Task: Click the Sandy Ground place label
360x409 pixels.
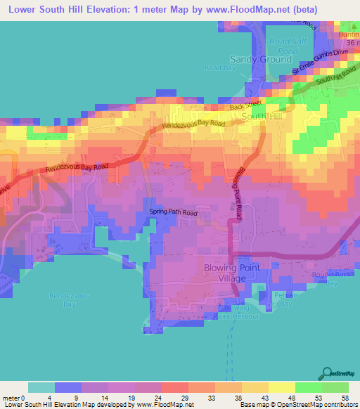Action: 261,60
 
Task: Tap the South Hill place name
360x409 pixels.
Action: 262,116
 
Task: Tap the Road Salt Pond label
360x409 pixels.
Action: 283,46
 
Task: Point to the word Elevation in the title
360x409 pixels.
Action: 112,10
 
